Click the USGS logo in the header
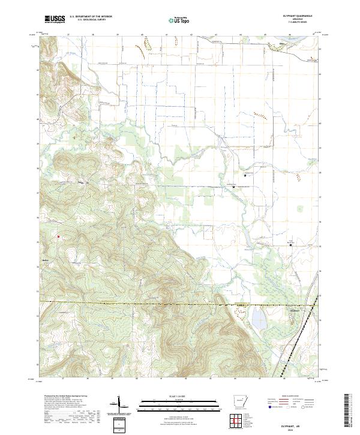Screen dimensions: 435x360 click(55, 19)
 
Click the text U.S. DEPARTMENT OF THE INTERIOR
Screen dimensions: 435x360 click(91, 17)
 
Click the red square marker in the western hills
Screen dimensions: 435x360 click(58, 236)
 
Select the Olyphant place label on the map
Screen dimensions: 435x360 click(295, 310)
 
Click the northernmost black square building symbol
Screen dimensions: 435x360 click(244, 175)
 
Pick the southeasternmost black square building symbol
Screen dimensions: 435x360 click(292, 244)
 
